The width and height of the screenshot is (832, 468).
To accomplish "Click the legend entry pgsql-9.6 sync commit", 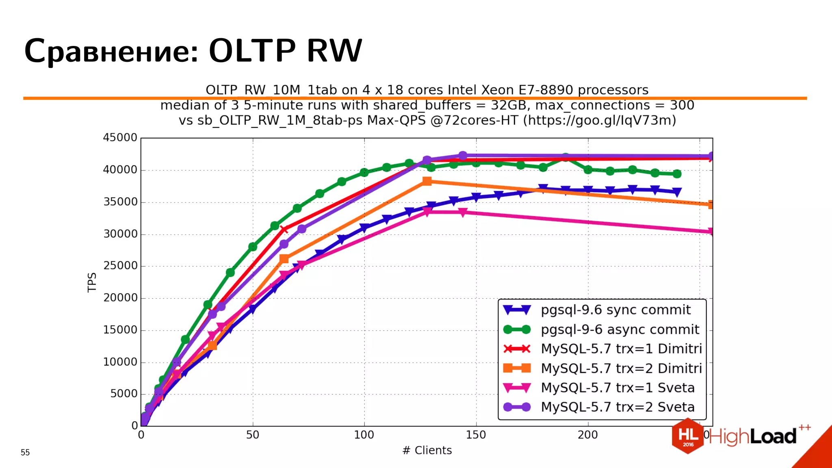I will coord(615,310).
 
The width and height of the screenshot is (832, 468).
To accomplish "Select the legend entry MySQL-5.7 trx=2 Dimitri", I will coord(621,368).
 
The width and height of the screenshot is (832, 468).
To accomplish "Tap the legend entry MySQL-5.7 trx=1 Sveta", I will coord(617,388).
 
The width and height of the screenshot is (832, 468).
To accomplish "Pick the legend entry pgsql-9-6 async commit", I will coord(620,329).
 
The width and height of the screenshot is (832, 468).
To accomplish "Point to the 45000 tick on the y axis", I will coord(120,138).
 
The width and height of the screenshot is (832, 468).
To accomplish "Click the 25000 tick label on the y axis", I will coord(120,266).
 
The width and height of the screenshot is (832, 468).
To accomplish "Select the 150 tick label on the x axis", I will coord(476,435).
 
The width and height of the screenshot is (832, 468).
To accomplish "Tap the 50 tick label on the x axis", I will coord(252,435).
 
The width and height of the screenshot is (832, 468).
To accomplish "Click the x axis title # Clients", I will coord(427,451).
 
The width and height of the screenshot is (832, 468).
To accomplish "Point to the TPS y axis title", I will coord(92,282).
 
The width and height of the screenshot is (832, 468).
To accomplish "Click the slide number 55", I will coord(25,453).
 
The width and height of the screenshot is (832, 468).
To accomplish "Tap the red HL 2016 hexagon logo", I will coord(688,436).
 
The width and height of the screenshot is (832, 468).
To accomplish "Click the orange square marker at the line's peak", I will coord(427,181).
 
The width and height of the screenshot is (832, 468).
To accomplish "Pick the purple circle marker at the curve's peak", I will coord(463,156).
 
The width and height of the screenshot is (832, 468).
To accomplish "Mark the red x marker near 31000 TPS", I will coord(284,230).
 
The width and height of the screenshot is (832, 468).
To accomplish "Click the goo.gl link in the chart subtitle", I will coord(599,120).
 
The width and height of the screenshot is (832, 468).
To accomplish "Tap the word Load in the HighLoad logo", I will coord(773,437).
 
